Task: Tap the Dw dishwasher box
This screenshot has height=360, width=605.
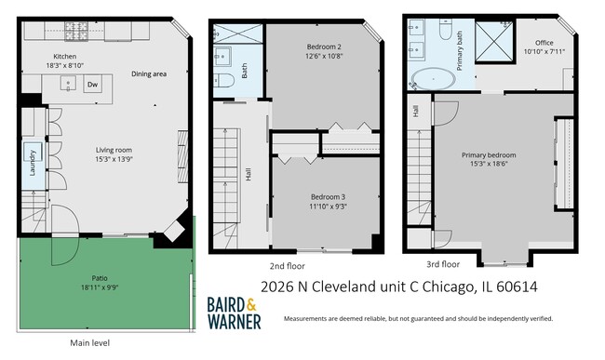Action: pyautogui.click(x=92, y=85)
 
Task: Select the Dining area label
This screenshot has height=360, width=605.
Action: pyautogui.click(x=148, y=73)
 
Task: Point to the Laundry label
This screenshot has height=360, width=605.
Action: pyautogui.click(x=33, y=162)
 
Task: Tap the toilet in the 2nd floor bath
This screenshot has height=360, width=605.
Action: pyautogui.click(x=223, y=82)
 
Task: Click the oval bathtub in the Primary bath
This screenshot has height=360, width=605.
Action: pyautogui.click(x=434, y=78)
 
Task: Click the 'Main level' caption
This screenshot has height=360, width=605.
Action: pyautogui.click(x=89, y=342)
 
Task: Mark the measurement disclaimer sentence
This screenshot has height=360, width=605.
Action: pyautogui.click(x=418, y=318)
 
